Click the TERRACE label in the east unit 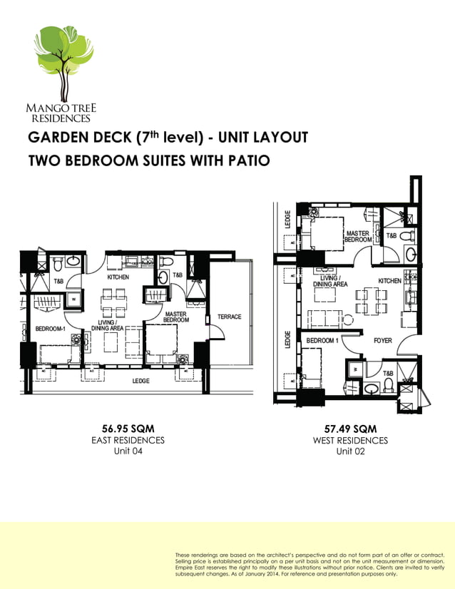point(229,317)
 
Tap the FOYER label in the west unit point(383,341)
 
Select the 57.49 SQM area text point(350,429)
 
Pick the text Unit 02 point(350,452)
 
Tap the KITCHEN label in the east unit point(118,277)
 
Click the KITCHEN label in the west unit point(390,281)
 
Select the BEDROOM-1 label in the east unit point(50,329)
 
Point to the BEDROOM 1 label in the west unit point(322,341)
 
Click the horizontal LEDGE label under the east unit point(140,381)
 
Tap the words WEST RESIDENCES point(350,441)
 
